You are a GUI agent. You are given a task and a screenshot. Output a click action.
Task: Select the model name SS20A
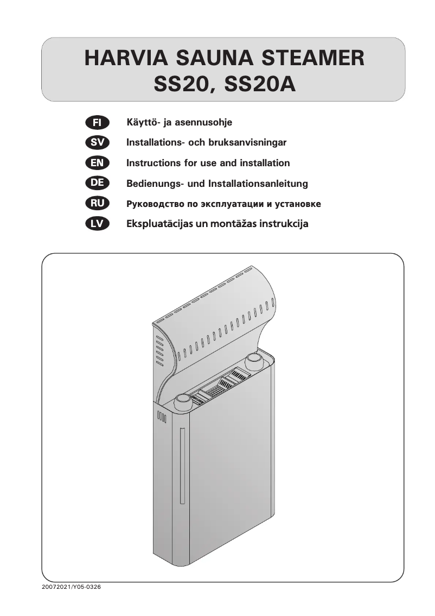pyautogui.click(x=260, y=85)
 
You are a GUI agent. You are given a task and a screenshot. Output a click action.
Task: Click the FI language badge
pyautogui.click(x=98, y=122)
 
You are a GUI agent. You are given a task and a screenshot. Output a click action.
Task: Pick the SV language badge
pyautogui.click(x=98, y=142)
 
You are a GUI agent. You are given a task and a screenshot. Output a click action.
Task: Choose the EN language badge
pyautogui.click(x=98, y=162)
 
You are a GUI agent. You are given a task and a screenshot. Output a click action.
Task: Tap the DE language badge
pyautogui.click(x=98, y=183)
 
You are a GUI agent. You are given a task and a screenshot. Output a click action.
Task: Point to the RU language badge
pyautogui.click(x=98, y=204)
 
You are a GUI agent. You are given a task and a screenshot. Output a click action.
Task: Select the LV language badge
pyautogui.click(x=98, y=223)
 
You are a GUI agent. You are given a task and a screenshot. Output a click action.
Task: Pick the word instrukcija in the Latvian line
pyautogui.click(x=283, y=224)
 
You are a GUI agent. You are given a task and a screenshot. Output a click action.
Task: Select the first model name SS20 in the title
pyautogui.click(x=182, y=85)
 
